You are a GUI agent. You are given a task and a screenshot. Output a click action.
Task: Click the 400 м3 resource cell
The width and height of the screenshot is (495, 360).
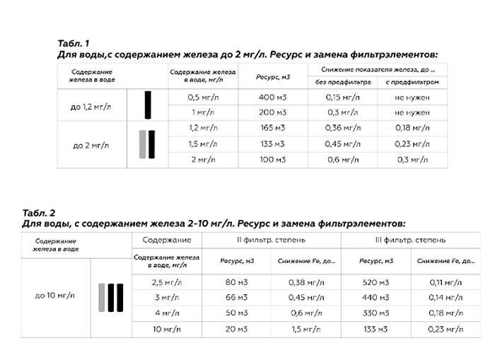272,97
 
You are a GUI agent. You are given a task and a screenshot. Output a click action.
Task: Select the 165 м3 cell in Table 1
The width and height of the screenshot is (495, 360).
272,128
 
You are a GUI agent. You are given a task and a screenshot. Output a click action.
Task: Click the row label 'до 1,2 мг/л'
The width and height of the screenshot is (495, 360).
92,105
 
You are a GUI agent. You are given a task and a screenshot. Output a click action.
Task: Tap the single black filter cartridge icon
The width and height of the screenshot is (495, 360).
148,105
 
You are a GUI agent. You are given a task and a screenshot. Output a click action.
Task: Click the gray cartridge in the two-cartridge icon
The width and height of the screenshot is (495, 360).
142,144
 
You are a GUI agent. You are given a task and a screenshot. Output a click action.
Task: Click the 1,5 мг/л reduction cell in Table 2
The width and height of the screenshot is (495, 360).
305,329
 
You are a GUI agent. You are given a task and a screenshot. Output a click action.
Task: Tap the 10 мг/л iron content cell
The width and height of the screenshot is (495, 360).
167,329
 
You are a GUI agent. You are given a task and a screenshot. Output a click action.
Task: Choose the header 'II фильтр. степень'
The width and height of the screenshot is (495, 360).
271,241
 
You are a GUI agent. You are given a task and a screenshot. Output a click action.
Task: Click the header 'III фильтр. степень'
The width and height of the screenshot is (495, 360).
410,241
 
